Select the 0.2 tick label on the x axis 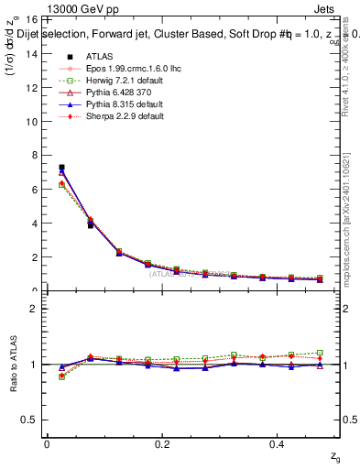(163, 444)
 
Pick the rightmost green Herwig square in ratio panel (320, 353)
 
